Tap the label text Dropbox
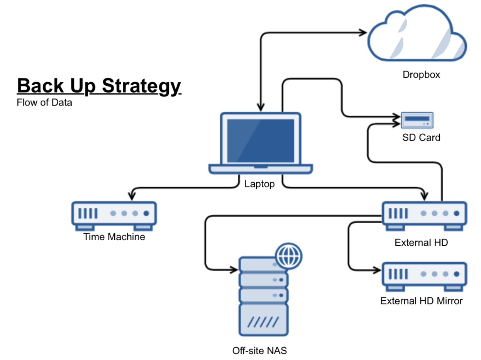pyautogui.click(x=421, y=75)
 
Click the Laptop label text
pyautogui.click(x=259, y=184)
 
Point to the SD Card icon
pyautogui.click(x=417, y=120)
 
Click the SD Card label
pyautogui.click(x=421, y=138)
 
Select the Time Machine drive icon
pyautogui.click(x=114, y=214)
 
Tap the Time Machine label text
pyautogui.click(x=114, y=237)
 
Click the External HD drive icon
pyautogui.click(x=424, y=214)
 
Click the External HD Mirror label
pyautogui.click(x=421, y=301)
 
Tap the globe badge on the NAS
pyautogui.click(x=288, y=256)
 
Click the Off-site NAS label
pyautogui.click(x=259, y=351)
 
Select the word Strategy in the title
pyautogui.click(x=142, y=85)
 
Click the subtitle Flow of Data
pyautogui.click(x=44, y=103)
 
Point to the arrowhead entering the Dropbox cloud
pyautogui.click(x=363, y=32)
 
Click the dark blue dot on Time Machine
pyautogui.click(x=146, y=213)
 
